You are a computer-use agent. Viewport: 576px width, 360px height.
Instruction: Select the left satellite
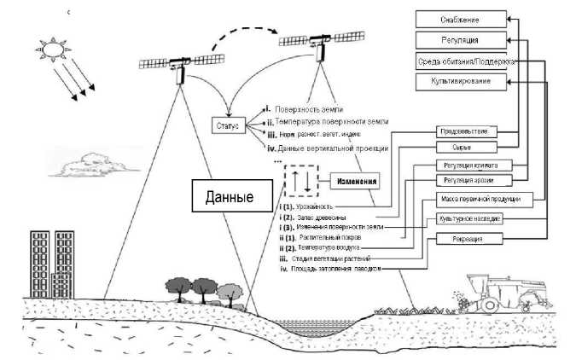(x=177, y=65)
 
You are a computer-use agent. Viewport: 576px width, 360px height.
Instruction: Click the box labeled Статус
(x=228, y=126)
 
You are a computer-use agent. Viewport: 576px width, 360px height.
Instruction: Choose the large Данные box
(x=230, y=197)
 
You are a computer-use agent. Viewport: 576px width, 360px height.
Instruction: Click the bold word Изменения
(x=351, y=183)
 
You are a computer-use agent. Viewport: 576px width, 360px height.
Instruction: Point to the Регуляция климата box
(x=466, y=164)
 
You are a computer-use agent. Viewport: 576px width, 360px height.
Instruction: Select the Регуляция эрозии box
(x=466, y=180)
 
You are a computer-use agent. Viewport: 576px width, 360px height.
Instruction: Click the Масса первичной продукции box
(x=482, y=199)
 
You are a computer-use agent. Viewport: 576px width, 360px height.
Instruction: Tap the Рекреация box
(x=465, y=240)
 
